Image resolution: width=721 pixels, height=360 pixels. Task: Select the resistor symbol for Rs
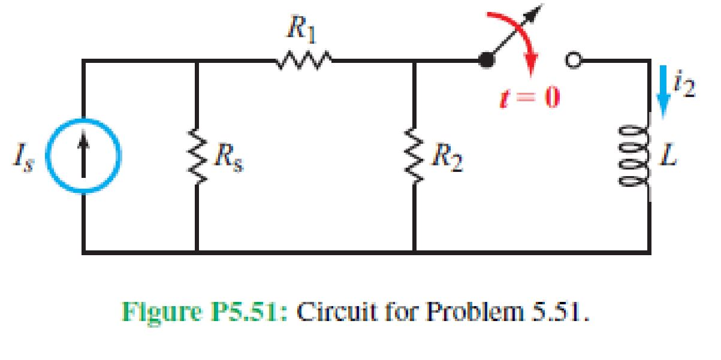(x=197, y=158)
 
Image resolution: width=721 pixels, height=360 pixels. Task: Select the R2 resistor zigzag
(x=414, y=158)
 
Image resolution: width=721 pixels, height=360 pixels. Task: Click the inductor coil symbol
(x=650, y=158)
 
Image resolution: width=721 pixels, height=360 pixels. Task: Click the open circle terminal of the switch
(x=572, y=60)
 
